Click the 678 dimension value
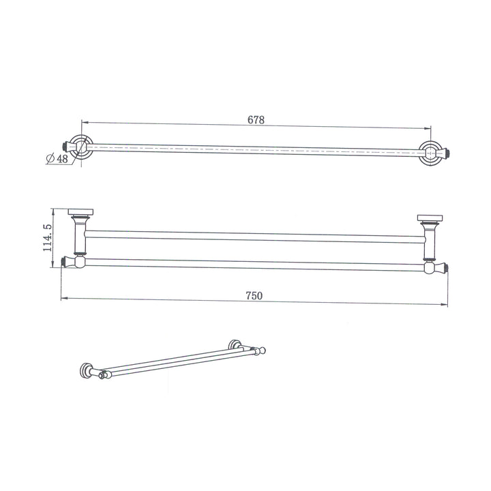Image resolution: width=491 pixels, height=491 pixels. pos(256,119)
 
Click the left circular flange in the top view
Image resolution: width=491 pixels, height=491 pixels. pos(80,147)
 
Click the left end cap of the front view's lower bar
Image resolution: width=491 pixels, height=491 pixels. pos(66,261)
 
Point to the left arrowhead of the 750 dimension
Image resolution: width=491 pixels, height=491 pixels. pos(64,299)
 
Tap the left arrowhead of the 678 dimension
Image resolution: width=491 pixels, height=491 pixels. pos(85,123)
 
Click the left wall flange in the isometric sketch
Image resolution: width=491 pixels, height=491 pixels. pos(86,370)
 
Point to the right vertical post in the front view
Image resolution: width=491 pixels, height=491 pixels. pos(430,241)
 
